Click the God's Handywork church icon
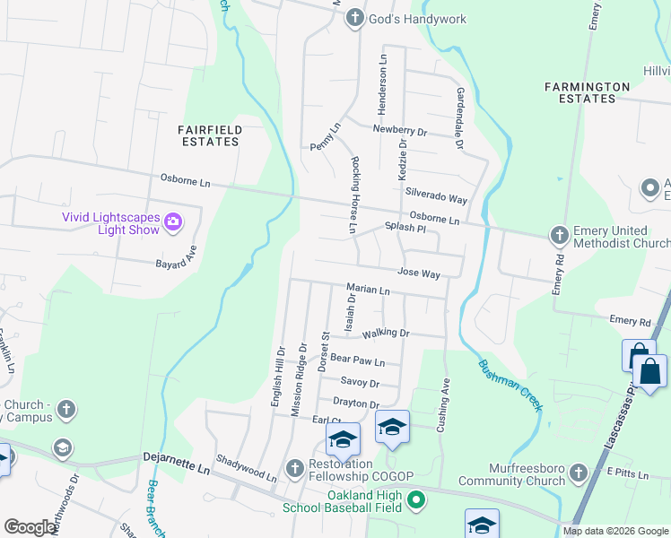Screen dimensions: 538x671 tap(355, 18)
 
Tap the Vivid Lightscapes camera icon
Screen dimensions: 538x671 tap(174, 220)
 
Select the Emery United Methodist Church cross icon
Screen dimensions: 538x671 tap(559, 235)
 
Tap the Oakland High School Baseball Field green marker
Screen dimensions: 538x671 tap(414, 499)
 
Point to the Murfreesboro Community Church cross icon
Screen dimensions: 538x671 tap(578, 472)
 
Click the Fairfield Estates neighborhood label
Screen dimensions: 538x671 tap(211, 136)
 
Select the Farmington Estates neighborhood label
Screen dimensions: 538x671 tap(587, 92)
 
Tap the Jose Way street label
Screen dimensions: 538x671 tap(418, 272)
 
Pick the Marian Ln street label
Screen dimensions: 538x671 tap(369, 291)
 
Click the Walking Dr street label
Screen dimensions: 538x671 tap(386, 334)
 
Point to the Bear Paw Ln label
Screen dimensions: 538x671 tap(357, 360)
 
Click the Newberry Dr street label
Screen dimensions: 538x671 tap(400, 131)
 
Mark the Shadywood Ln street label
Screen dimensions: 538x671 tap(247, 476)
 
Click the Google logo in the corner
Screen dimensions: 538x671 tap(30, 527)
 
